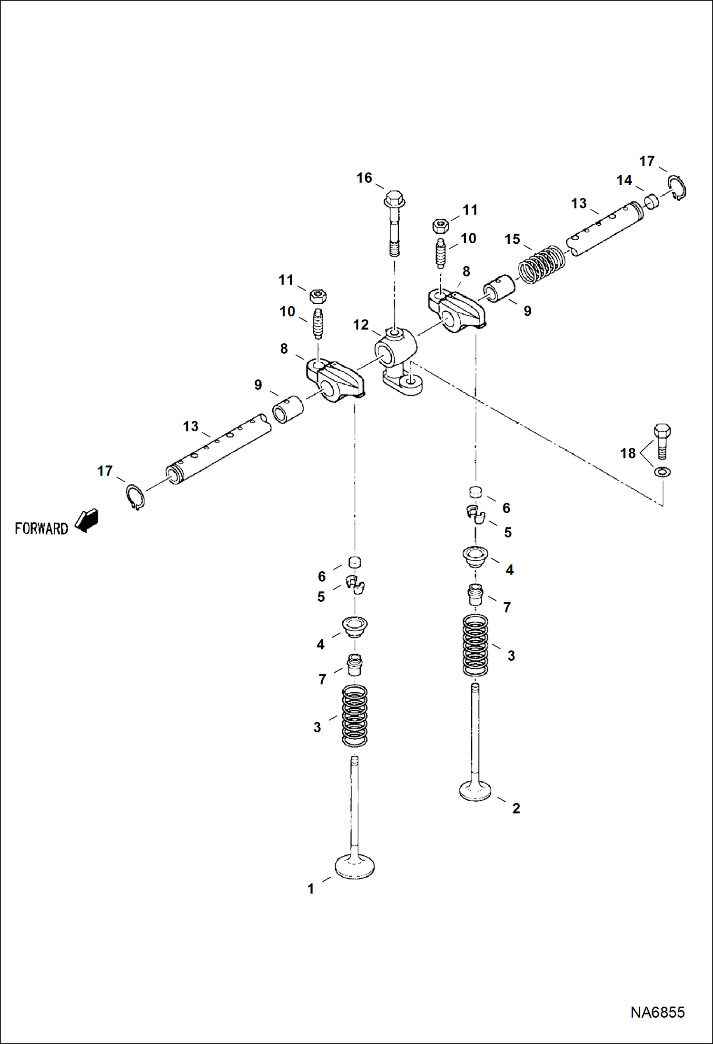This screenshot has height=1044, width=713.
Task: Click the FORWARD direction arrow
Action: pos(87,520)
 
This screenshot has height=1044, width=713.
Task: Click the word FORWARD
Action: pos(41,528)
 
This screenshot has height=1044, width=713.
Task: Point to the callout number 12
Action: pos(361,325)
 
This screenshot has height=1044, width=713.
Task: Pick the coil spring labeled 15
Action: pos(541,265)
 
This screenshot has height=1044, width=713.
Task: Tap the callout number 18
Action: pos(628,453)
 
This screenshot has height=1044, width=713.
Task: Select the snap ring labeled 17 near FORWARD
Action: pos(136,497)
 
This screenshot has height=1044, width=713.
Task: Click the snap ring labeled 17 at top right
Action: pos(677,187)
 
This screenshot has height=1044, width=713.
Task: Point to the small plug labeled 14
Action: pos(652,201)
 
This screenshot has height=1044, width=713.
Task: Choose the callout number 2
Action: pos(516,808)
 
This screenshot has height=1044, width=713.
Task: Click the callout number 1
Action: pos(311,889)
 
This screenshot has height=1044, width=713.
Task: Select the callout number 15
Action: pos(512,239)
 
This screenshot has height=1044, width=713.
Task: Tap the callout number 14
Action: pos(624,180)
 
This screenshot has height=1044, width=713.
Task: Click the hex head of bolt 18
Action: pos(662,431)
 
